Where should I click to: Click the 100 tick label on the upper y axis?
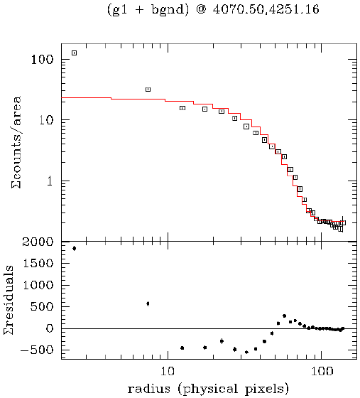(41, 60)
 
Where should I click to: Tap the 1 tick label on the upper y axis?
(49, 181)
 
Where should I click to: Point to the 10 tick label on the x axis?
(168, 371)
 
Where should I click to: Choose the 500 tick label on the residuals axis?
(43, 306)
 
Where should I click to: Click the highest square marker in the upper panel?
(74, 53)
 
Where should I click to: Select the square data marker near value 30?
(148, 90)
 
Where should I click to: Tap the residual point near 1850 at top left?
(74, 248)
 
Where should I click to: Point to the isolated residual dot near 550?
(148, 303)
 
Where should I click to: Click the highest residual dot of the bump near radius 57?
(284, 316)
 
